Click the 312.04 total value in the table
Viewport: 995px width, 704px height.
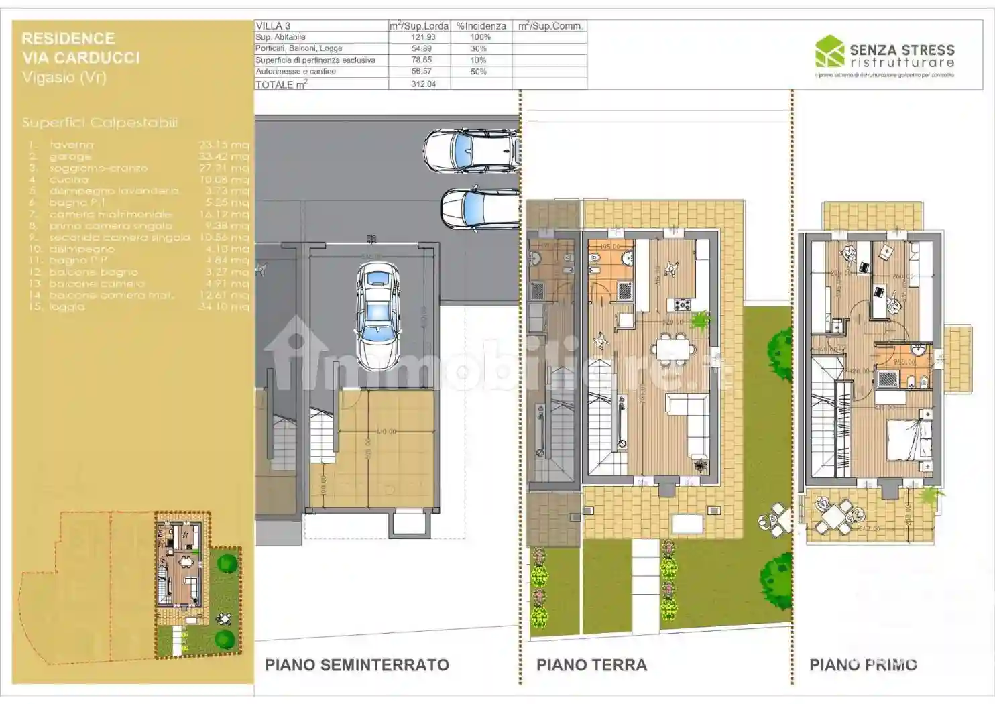tap(423, 84)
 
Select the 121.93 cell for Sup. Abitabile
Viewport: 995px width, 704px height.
tap(423, 37)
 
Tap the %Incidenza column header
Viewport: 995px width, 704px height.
tap(481, 25)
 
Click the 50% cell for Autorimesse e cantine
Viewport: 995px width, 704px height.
tap(479, 71)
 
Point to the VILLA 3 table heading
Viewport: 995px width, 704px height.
tap(273, 25)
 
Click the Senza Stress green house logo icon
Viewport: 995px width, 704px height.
tap(829, 52)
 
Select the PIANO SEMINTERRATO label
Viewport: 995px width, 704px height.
tap(357, 664)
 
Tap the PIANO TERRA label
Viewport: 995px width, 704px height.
tap(591, 664)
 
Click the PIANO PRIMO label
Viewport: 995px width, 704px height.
tap(863, 664)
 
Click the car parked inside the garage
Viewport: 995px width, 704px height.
tap(379, 314)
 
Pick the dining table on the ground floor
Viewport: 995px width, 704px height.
tap(673, 349)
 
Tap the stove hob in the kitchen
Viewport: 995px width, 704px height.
tap(683, 304)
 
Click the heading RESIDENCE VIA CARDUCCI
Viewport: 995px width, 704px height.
tap(80, 48)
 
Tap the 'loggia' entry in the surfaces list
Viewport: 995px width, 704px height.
tap(67, 306)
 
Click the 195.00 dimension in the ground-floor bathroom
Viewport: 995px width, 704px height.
tap(609, 246)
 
